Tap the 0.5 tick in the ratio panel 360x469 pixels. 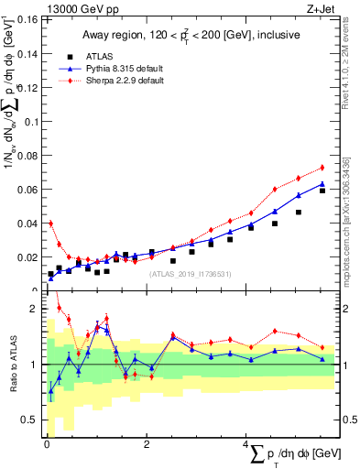(x=31, y=420)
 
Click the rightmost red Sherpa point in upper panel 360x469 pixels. (x=322, y=168)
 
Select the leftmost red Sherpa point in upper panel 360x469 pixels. (x=50, y=223)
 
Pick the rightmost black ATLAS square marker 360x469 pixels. (x=322, y=191)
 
